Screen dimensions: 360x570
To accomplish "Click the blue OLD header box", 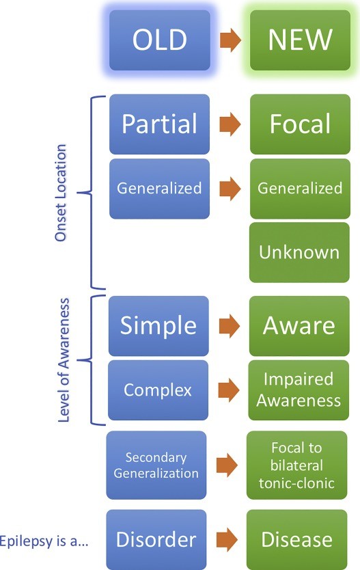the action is click(160, 40).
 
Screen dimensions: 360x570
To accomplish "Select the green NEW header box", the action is click(300, 40).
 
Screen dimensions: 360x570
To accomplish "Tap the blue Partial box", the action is click(159, 124).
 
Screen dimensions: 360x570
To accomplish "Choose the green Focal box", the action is click(300, 124).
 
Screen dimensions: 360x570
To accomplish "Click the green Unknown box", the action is click(299, 252).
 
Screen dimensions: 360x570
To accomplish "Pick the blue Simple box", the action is click(158, 326).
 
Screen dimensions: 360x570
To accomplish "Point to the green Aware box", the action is click(299, 326).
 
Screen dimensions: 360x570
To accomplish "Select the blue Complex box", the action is click(158, 390).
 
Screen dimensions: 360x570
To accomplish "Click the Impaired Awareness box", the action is click(299, 390).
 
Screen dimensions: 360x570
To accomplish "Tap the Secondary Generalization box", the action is click(156, 465).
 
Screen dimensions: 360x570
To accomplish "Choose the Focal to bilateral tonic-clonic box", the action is click(296, 465).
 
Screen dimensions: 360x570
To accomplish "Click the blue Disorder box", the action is click(156, 539).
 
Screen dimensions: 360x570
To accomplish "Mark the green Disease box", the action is click(296, 539).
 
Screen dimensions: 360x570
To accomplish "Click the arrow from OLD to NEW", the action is click(230, 40).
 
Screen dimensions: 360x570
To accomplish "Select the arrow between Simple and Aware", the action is click(230, 326).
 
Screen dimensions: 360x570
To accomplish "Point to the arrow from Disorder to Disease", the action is click(227, 539).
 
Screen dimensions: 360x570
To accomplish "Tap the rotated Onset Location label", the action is click(61, 193).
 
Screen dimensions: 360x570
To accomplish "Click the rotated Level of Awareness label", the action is click(64, 360).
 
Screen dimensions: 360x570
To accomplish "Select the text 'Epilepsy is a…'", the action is click(44, 541).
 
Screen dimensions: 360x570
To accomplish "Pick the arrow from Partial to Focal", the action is click(230, 124).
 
